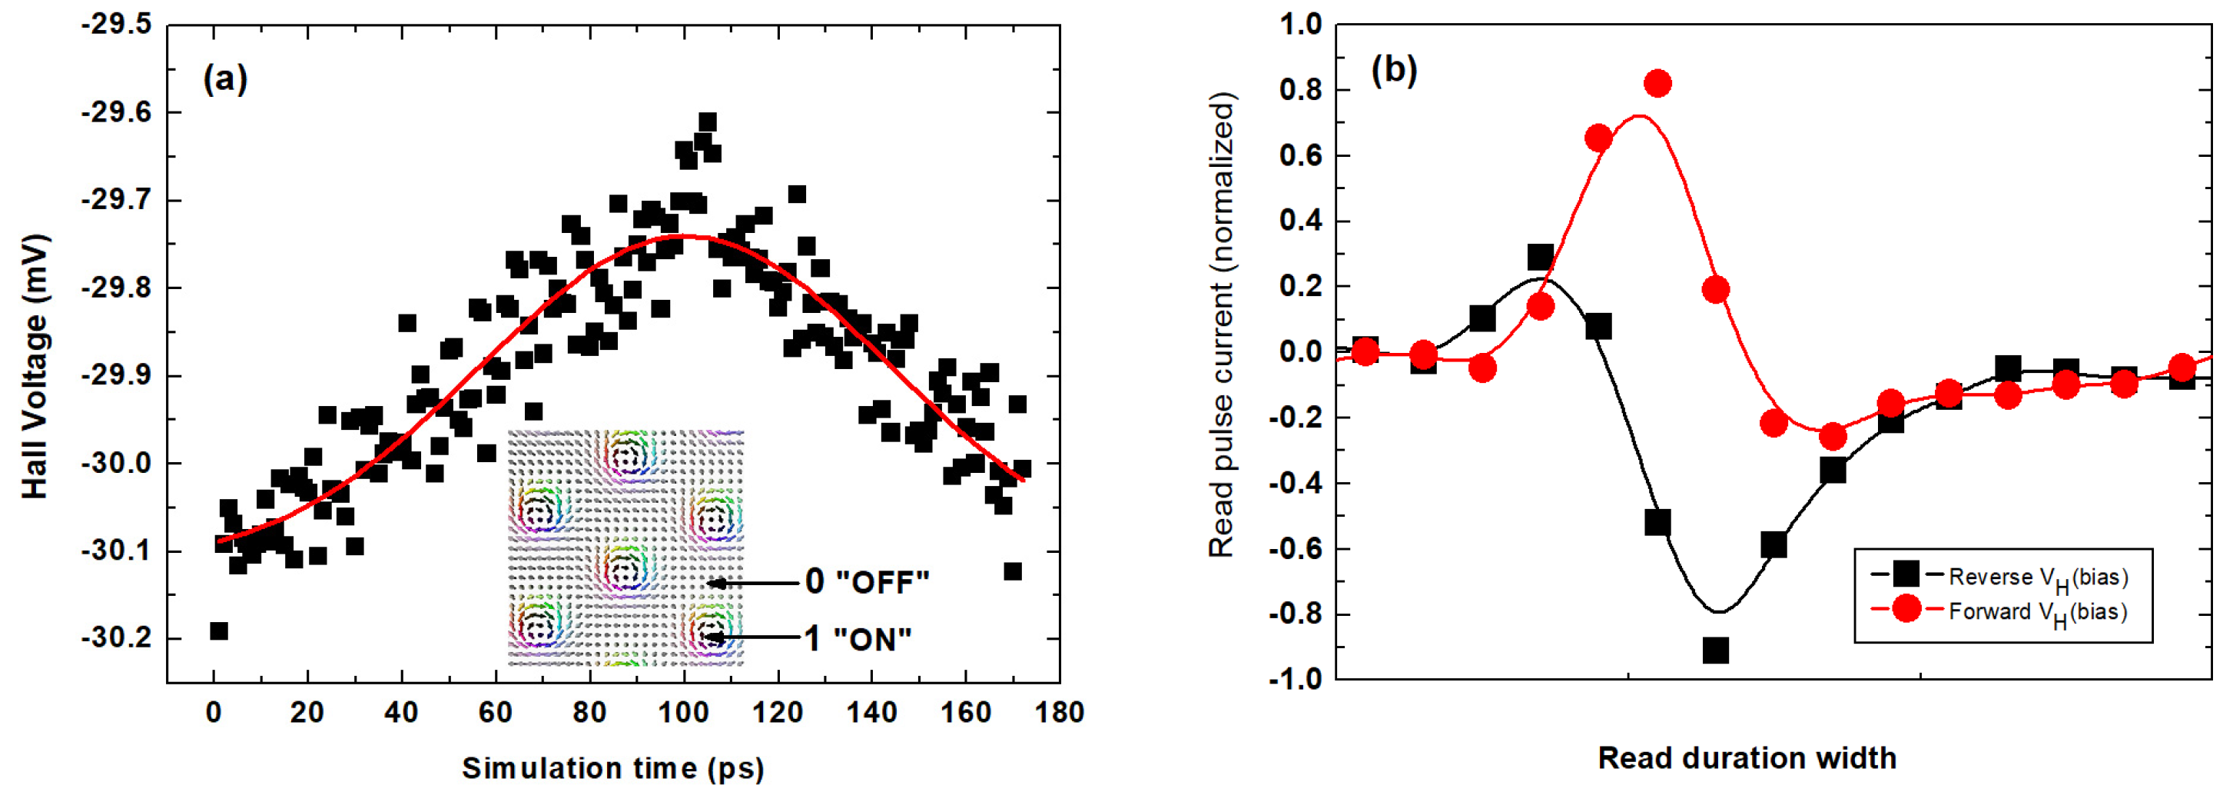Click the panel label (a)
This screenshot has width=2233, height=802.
pos(224,79)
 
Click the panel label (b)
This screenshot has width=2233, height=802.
pos(1394,69)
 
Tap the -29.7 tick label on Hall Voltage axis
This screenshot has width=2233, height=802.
pos(116,200)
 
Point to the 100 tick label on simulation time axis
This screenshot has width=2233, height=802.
pos(683,713)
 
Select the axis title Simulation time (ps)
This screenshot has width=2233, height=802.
pos(613,768)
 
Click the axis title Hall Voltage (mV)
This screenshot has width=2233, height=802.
pos(35,366)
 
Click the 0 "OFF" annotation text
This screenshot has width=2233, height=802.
pos(866,582)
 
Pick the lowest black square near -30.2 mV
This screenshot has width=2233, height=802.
pos(219,631)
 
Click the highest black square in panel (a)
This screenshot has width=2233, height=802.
pos(708,121)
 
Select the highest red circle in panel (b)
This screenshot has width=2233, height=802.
pos(1657,84)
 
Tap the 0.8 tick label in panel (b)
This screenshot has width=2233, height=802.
pos(1300,90)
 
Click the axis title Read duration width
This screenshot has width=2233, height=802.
pos(1747,759)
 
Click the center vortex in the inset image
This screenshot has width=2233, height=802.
pos(625,569)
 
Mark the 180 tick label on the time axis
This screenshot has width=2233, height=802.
pos(1060,713)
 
